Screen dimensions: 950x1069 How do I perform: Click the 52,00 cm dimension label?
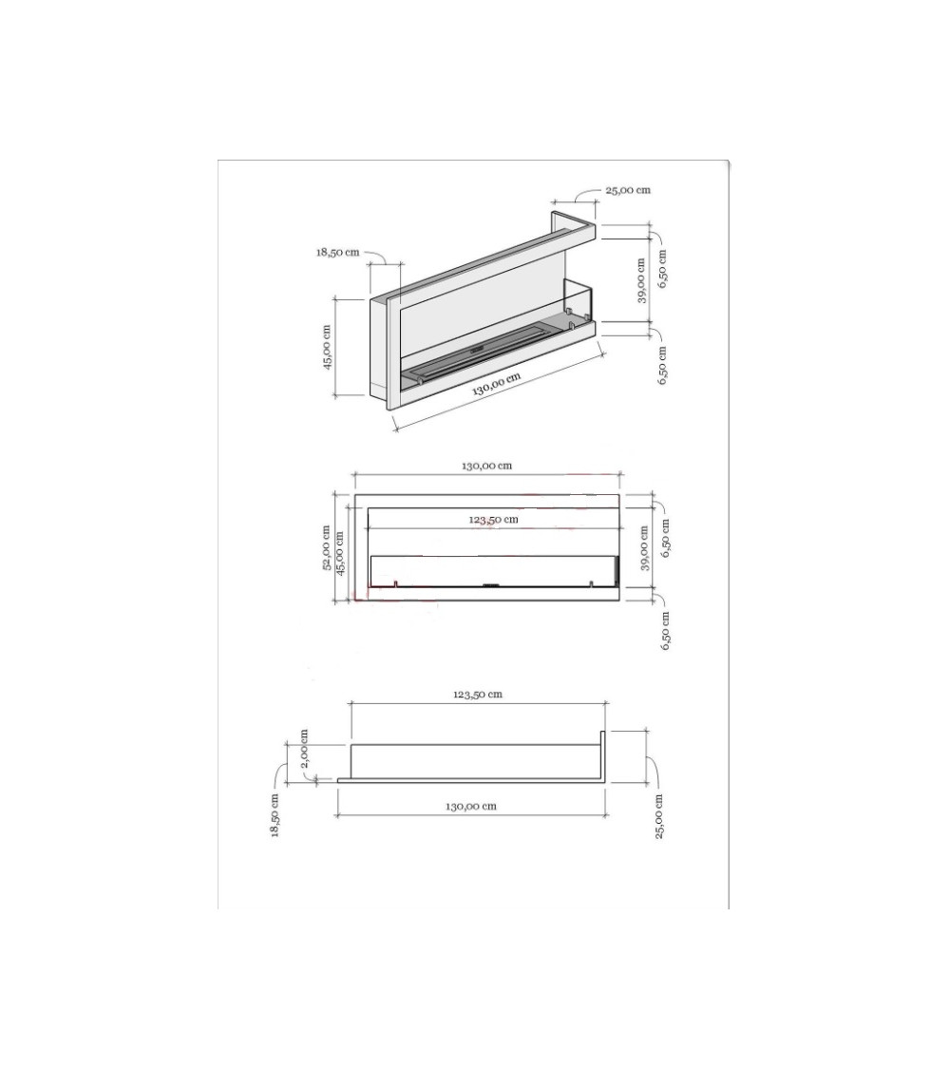[x=328, y=547]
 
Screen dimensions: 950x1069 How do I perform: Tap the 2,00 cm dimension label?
[x=305, y=748]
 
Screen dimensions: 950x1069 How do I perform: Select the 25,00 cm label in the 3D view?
[x=628, y=190]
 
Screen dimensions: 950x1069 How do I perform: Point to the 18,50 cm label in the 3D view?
[x=337, y=252]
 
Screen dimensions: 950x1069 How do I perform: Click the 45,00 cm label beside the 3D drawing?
[x=327, y=347]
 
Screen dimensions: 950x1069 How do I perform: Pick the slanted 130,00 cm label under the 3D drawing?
[x=497, y=384]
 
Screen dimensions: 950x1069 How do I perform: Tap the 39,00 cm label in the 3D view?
[x=641, y=280]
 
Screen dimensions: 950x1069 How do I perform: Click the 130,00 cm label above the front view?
[x=486, y=467]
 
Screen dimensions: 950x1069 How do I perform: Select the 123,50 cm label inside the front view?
[x=493, y=520]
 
